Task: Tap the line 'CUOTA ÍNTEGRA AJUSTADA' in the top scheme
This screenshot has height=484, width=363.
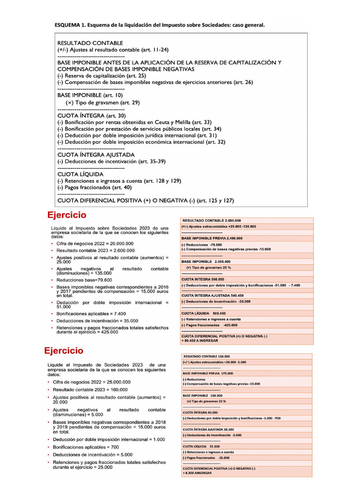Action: pos(96,155)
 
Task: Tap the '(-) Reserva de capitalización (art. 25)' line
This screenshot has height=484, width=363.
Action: pos(102,76)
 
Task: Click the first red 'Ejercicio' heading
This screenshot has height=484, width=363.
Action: pos(67,216)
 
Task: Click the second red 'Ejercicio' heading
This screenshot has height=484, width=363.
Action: pos(64,351)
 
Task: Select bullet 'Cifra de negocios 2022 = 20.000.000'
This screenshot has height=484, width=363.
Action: pos(95,243)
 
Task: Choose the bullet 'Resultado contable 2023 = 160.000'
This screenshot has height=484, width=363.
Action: pos(90,389)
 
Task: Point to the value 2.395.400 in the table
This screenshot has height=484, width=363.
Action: pos(222,261)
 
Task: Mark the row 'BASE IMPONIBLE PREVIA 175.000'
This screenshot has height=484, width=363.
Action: pos(205,373)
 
